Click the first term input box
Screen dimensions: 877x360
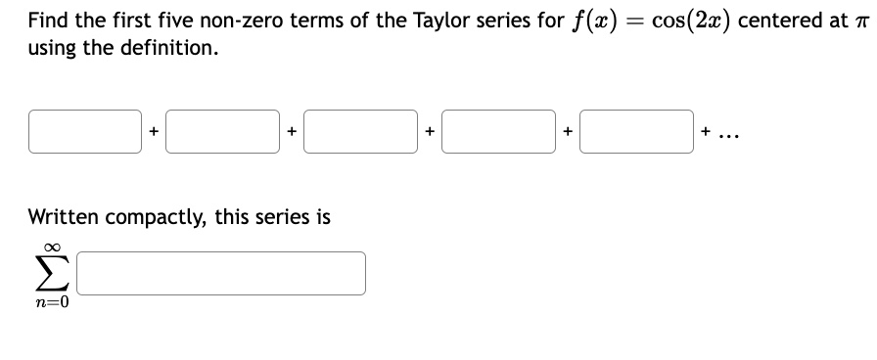[85, 132]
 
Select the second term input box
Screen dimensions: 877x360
[223, 132]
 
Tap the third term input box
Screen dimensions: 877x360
[361, 132]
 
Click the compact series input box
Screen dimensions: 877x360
[221, 274]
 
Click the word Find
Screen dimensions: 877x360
[49, 20]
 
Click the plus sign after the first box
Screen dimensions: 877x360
[154, 133]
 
